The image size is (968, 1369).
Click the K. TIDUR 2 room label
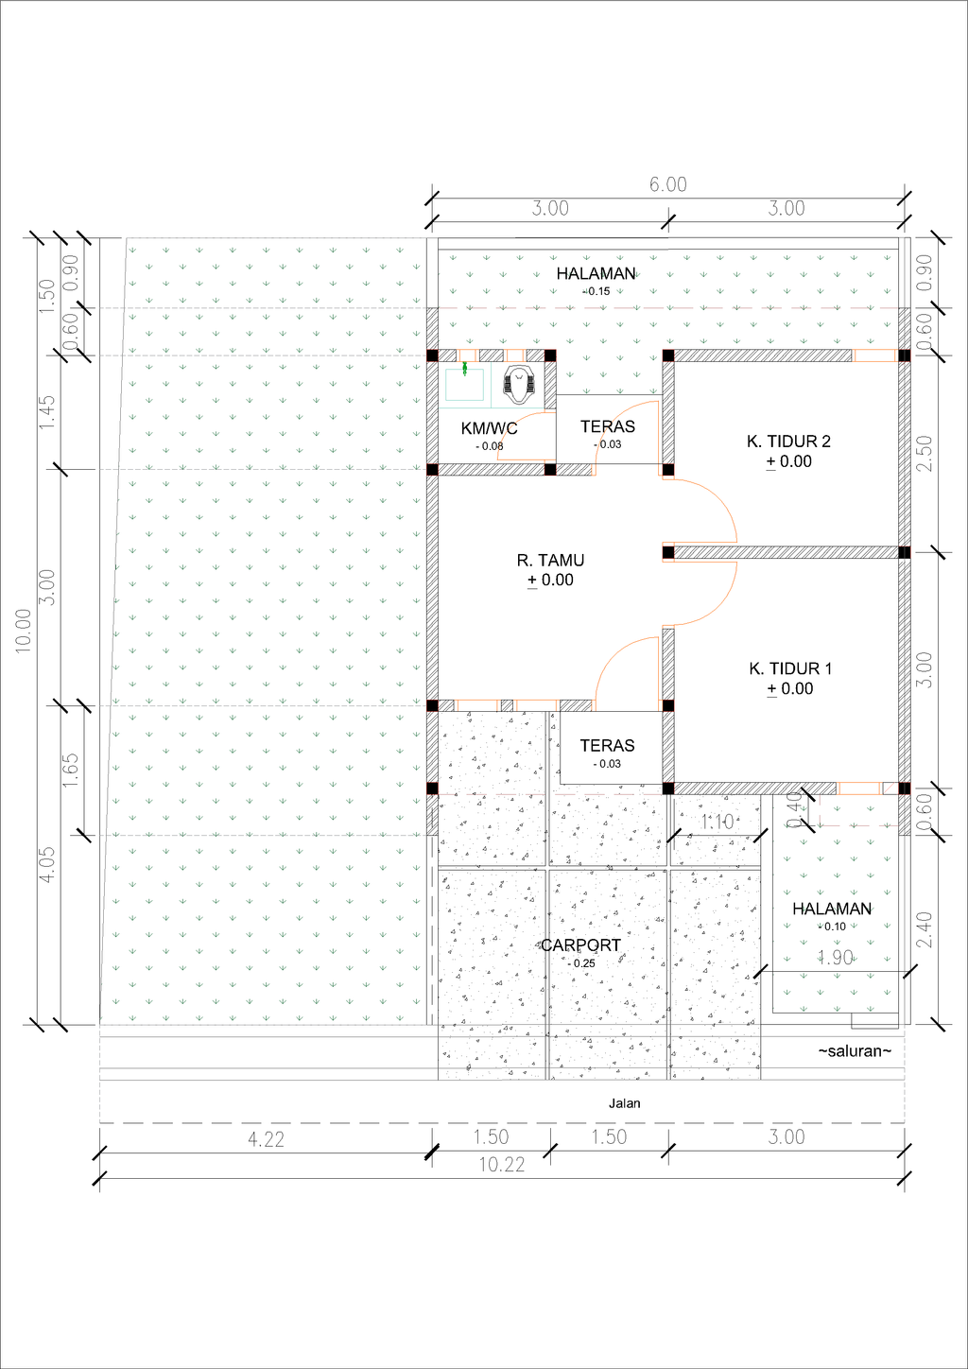click(x=788, y=442)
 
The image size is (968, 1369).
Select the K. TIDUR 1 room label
click(x=790, y=668)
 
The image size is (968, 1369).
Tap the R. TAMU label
click(x=550, y=561)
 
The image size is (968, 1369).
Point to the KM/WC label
click(x=489, y=428)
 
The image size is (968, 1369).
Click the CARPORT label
click(x=580, y=945)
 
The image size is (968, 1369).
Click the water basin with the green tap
click(x=464, y=385)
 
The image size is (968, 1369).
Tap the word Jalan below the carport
click(x=624, y=1103)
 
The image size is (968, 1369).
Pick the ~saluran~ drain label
click(x=855, y=1050)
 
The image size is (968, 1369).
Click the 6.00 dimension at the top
click(x=667, y=184)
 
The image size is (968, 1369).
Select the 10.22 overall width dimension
click(x=501, y=1165)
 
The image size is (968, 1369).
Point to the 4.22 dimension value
click(x=266, y=1139)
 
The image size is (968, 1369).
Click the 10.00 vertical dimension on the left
click(x=24, y=631)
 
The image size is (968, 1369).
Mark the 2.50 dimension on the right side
click(x=925, y=454)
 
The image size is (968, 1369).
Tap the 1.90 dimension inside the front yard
click(x=836, y=958)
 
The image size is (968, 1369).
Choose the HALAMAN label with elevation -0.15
click(x=596, y=274)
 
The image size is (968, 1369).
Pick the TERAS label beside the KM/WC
click(x=607, y=427)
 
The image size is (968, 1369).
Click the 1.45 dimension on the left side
click(x=47, y=412)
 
